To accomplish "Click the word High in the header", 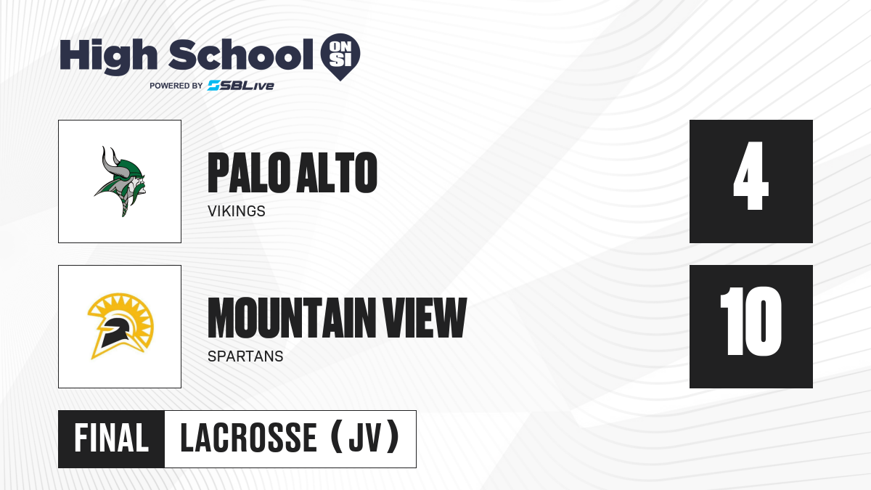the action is (108, 57).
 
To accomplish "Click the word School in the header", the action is (241, 54).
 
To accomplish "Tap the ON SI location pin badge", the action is (340, 57).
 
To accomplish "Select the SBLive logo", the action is (241, 86).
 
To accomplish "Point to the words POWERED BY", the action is (176, 86).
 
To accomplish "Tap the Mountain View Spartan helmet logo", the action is (120, 326).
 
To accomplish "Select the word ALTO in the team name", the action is (336, 173).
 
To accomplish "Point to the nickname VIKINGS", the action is (237, 211).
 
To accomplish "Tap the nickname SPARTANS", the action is (245, 356).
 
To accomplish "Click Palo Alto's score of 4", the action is (751, 176).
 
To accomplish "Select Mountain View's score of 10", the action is (751, 321).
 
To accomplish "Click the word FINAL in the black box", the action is (112, 438).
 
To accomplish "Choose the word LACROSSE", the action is (249, 438).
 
